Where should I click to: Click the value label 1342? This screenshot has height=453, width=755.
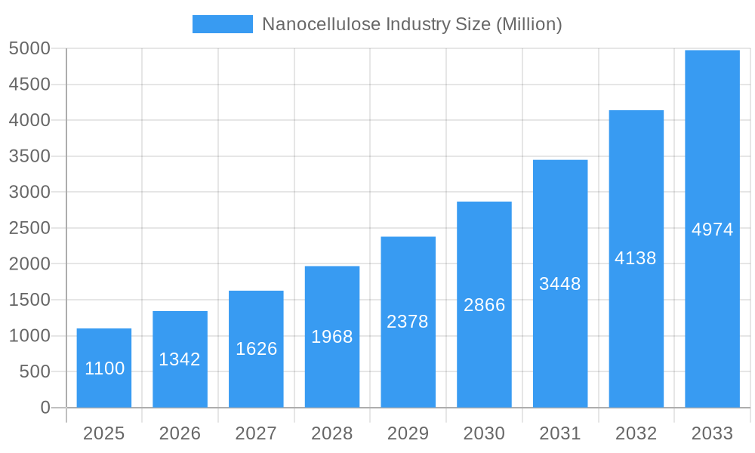[180, 359]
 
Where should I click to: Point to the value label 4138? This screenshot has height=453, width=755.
[636, 258]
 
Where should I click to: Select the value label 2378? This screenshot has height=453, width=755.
[408, 322]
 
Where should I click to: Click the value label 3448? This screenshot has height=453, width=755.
[560, 284]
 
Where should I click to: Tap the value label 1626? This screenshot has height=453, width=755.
[256, 349]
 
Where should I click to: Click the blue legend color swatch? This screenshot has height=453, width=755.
[223, 24]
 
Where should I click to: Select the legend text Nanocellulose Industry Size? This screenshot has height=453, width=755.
[411, 24]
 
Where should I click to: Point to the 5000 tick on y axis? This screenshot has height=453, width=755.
[29, 49]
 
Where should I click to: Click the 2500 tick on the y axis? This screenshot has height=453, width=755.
[29, 228]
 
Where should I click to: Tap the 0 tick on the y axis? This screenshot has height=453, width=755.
[45, 408]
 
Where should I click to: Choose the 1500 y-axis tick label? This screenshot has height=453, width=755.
[29, 300]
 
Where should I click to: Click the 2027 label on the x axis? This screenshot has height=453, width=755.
[256, 433]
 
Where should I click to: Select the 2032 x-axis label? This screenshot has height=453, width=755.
[636, 433]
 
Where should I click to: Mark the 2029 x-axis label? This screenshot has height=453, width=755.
[408, 433]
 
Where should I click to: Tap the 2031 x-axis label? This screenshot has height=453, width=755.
[560, 433]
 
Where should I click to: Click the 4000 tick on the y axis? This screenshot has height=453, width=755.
[29, 121]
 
